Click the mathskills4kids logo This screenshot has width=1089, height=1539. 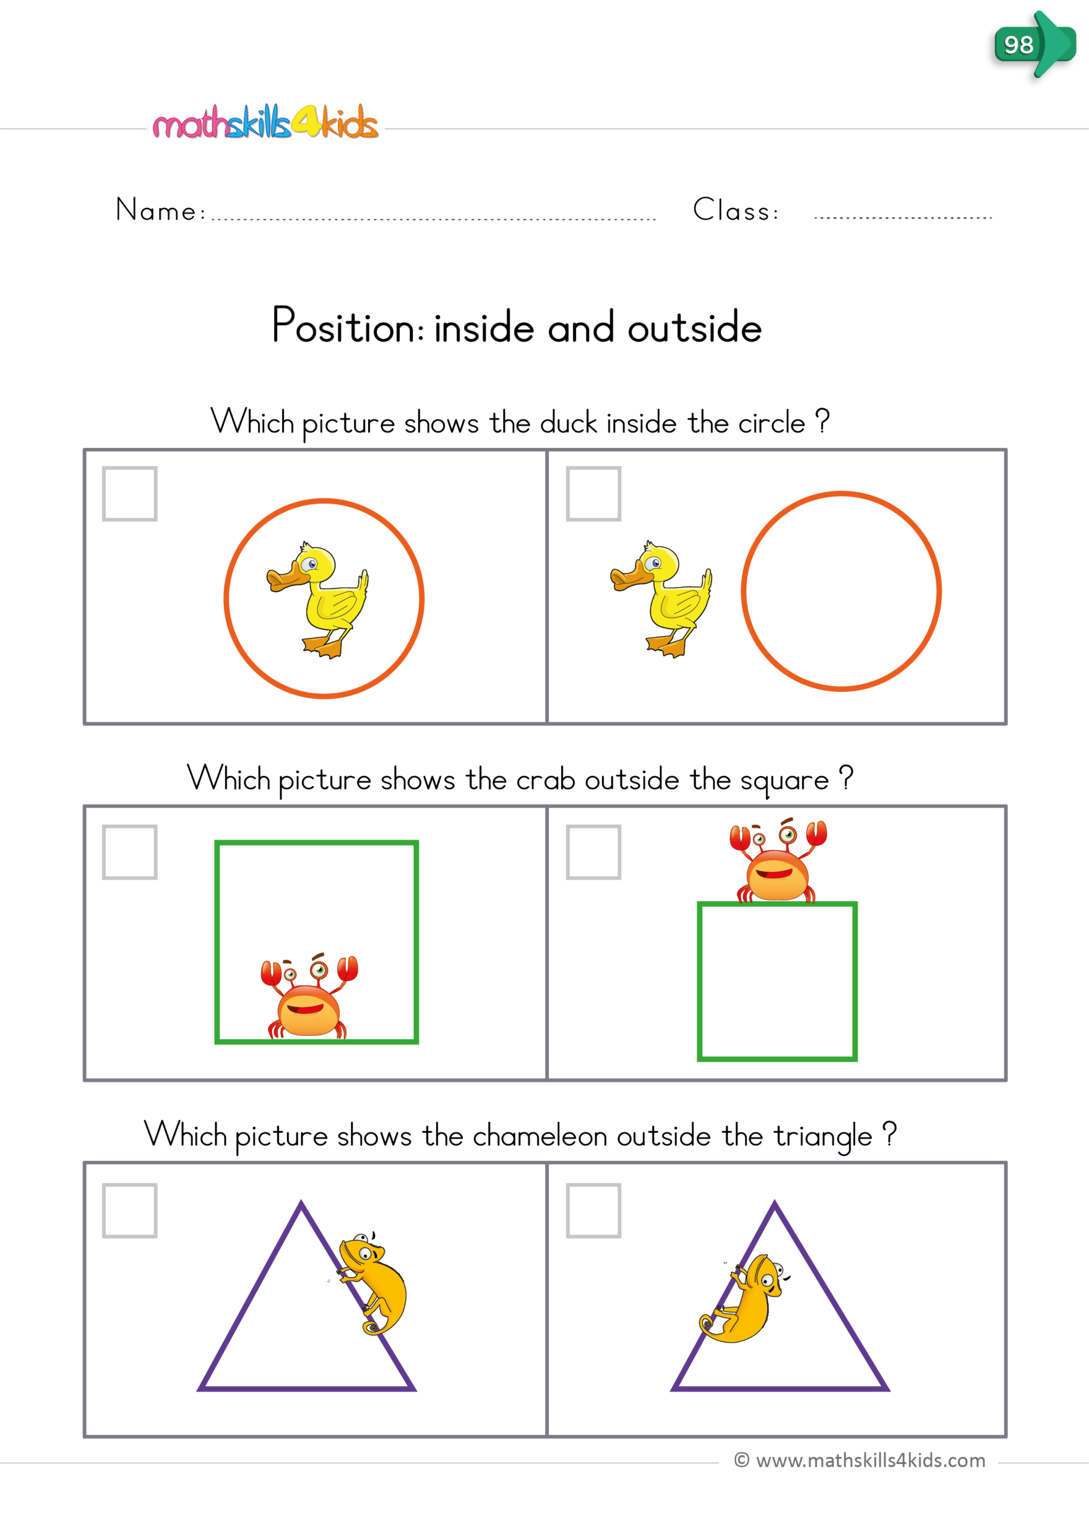(x=266, y=123)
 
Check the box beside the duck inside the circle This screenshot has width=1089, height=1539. (x=129, y=494)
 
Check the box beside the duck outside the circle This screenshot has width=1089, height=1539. (x=594, y=494)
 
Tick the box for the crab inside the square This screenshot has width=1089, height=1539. (x=129, y=852)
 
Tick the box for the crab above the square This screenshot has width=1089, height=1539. (x=594, y=852)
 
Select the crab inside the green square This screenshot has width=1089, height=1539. (x=309, y=998)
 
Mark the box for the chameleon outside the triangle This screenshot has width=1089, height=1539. (x=129, y=1211)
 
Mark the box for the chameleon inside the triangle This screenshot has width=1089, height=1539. (x=594, y=1211)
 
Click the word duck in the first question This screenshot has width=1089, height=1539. (x=568, y=424)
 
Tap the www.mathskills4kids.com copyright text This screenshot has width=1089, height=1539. (x=860, y=1461)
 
